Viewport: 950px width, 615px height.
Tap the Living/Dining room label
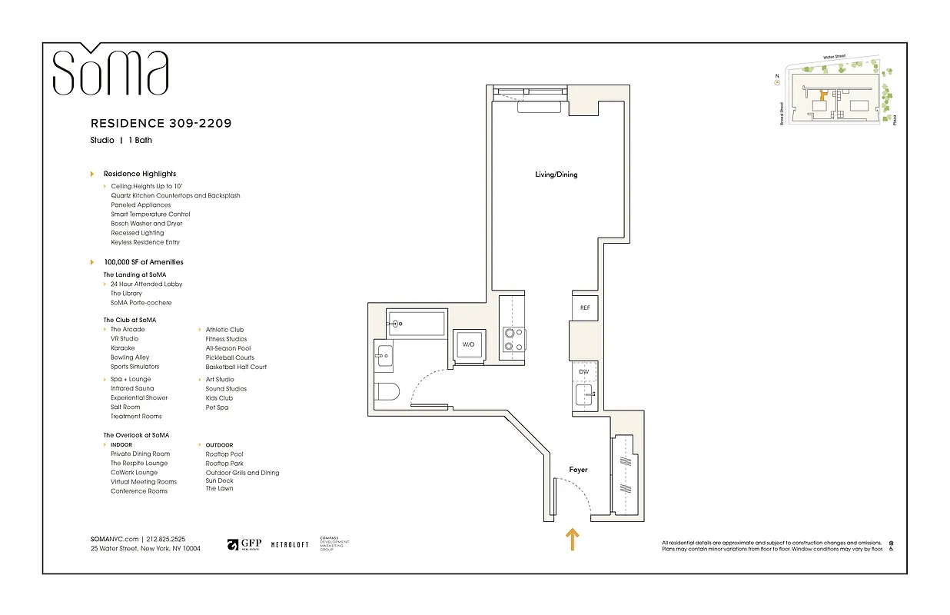click(556, 175)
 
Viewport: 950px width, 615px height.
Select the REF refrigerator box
click(585, 307)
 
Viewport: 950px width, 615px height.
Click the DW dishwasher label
click(584, 371)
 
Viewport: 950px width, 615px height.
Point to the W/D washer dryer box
click(468, 345)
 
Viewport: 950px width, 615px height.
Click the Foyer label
click(578, 469)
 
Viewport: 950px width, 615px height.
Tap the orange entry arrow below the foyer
click(573, 540)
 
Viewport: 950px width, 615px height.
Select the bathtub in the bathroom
click(416, 324)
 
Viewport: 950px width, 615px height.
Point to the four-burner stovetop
click(513, 340)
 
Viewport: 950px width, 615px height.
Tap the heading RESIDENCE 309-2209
click(161, 123)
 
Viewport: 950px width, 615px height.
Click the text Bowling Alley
click(130, 357)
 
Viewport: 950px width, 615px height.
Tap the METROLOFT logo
click(290, 544)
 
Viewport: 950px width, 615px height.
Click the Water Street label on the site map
click(839, 57)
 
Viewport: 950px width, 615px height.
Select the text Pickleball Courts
click(230, 357)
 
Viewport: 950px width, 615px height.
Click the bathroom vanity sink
click(384, 355)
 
